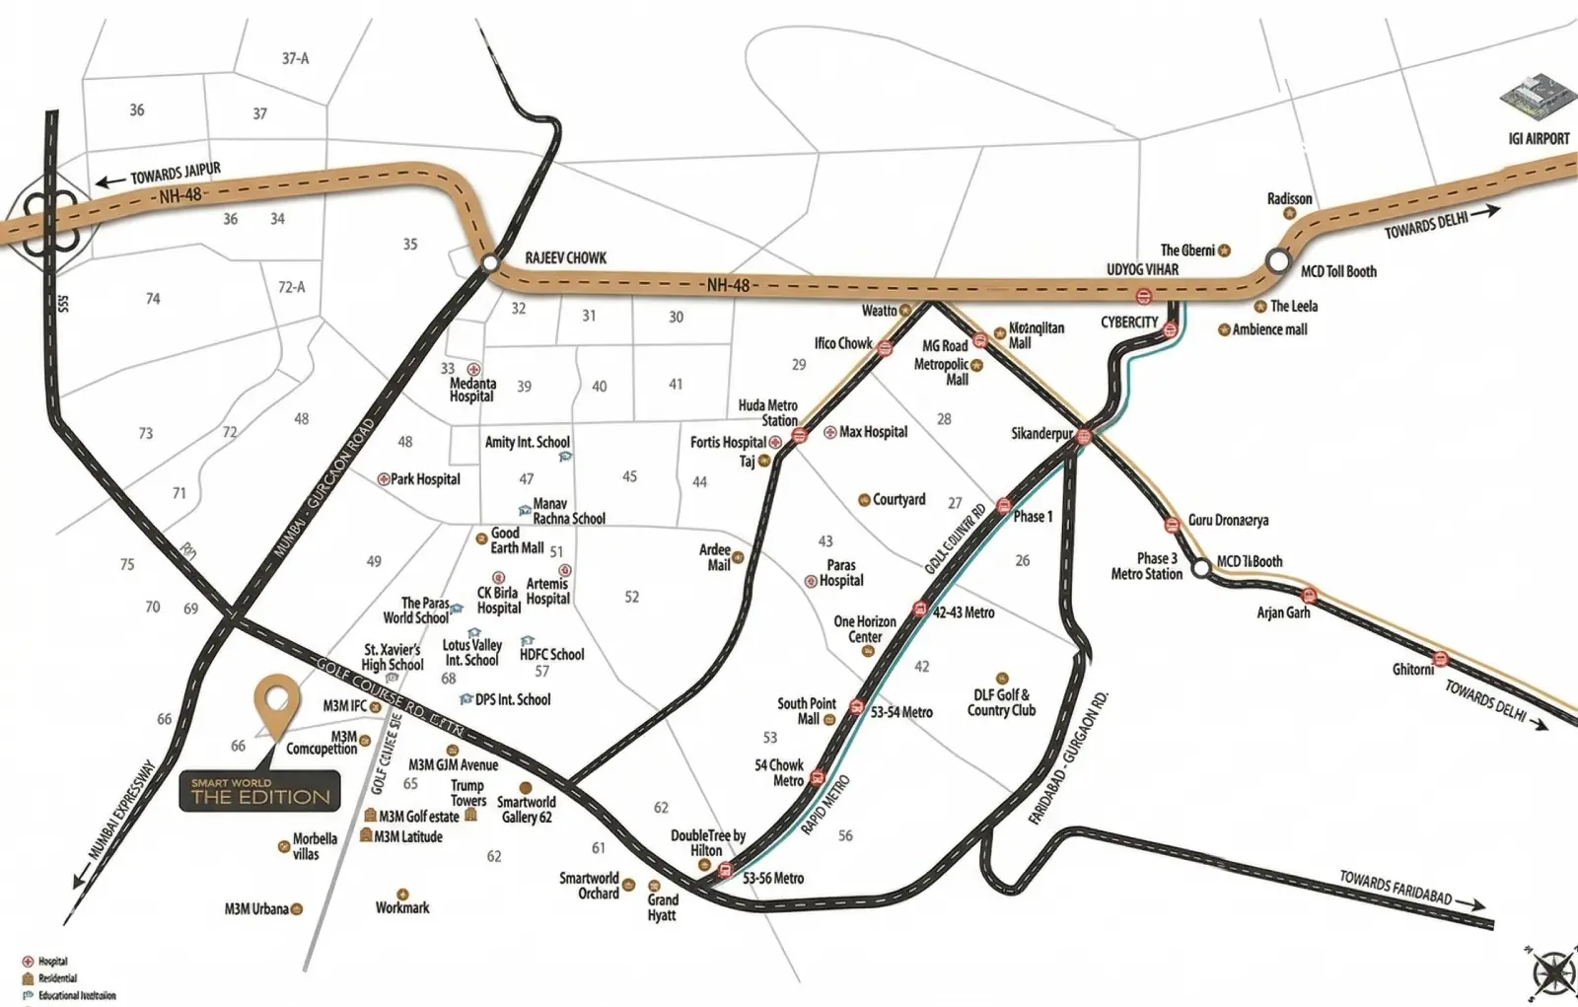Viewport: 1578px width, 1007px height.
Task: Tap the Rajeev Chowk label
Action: point(565,258)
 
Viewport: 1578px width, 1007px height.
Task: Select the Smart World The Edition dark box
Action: point(260,790)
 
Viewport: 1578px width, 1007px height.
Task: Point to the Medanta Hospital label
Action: point(472,390)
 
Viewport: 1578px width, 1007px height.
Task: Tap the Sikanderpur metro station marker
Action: point(1084,437)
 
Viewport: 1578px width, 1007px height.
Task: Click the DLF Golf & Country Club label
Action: point(1001,702)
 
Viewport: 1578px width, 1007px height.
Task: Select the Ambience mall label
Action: point(1268,329)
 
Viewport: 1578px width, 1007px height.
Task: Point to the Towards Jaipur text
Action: point(176,175)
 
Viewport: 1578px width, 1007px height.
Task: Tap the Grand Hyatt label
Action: point(663,907)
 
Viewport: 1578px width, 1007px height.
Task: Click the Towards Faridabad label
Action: point(1395,888)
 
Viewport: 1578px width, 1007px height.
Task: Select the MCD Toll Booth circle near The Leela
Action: point(1278,261)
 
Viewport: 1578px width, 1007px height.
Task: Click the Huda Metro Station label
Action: point(767,412)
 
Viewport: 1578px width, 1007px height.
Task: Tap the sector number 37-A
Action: point(295,58)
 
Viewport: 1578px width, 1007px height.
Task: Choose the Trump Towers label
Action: point(467,793)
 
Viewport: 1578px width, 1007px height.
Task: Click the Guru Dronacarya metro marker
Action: point(1172,524)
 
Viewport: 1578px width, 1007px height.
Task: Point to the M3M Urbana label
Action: point(255,909)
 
